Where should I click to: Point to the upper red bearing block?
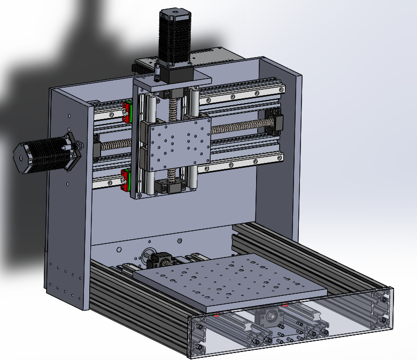click(127, 111)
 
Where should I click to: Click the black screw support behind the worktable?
click(159, 261)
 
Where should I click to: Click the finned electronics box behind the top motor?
click(214, 56)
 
